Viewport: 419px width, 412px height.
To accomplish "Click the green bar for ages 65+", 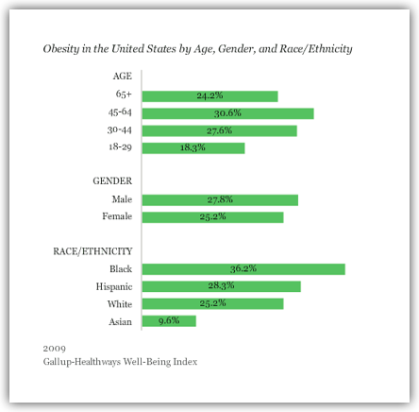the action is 209,96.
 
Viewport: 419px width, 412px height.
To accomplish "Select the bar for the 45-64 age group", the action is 227,113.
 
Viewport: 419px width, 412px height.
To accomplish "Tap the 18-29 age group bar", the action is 193,148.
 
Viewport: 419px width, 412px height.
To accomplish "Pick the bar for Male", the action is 220,200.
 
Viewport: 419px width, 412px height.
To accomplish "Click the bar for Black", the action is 243,269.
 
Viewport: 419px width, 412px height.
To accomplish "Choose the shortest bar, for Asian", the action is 169,321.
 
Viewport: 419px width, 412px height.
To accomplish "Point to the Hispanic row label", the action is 114,286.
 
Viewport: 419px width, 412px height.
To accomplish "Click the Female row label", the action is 117,216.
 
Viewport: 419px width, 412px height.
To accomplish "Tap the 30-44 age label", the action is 120,129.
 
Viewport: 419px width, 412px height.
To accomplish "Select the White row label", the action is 120,304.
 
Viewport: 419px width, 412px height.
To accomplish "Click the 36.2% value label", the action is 243,268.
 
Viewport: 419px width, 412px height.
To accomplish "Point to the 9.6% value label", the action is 169,320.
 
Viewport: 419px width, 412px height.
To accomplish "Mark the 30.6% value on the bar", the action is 227,113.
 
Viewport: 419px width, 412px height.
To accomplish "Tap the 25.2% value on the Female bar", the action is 212,216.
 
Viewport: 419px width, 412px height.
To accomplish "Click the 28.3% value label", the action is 221,285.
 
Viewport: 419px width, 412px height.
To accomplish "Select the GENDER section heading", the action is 112,180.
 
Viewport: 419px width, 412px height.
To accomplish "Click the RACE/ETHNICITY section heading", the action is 92,251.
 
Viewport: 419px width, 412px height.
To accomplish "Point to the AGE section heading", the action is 123,77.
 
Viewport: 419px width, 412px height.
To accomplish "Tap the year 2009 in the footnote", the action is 55,349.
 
